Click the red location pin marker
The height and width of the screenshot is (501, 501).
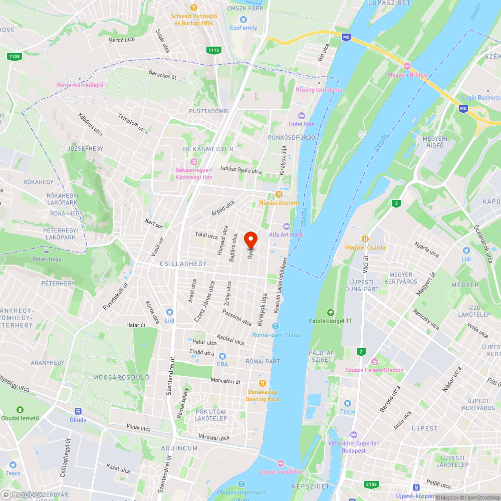point(250,240)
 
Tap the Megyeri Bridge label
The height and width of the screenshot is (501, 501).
point(407,75)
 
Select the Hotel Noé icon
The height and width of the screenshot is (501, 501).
point(301,116)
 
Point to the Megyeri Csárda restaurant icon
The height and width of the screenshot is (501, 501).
point(365,239)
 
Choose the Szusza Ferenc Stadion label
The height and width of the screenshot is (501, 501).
point(374,370)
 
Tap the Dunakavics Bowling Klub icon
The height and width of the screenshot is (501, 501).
point(262,383)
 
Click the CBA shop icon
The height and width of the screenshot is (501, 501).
point(222,356)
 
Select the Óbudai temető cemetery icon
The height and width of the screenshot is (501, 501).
point(20,410)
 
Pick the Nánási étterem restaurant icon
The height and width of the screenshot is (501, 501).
point(279,194)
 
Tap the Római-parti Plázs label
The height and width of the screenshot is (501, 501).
point(275,334)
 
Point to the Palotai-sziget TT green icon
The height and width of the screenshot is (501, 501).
point(330,313)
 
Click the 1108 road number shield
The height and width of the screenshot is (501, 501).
point(15,57)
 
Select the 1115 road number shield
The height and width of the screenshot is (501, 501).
point(214,50)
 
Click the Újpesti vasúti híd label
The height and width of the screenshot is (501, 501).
point(281,471)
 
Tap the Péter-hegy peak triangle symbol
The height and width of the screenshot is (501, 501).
point(46,250)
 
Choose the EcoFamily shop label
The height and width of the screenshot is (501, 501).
point(243,28)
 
